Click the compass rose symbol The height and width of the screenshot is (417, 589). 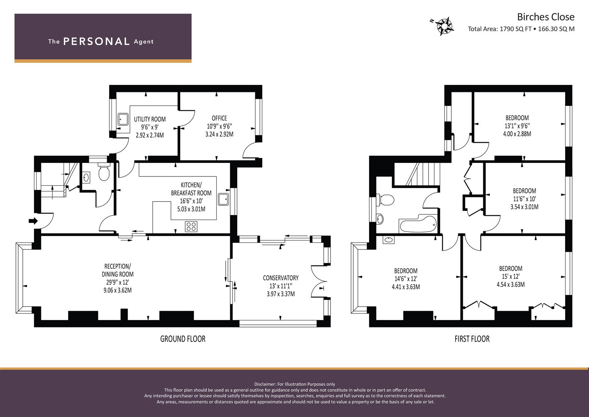click(444, 26)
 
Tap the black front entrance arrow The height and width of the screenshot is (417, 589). click(34, 221)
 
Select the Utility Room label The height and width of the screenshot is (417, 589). click(150, 119)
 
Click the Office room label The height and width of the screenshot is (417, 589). click(219, 118)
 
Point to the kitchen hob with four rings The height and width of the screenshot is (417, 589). click(191, 227)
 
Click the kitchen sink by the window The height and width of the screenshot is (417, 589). click(224, 199)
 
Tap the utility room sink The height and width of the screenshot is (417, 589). click(123, 120)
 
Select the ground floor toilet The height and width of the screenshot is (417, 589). click(104, 172)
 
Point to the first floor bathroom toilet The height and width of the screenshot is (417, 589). click(385, 200)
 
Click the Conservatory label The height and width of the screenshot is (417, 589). click(281, 278)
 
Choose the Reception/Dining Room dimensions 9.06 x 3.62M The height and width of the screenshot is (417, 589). click(118, 290)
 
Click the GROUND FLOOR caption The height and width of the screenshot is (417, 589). click(183, 339)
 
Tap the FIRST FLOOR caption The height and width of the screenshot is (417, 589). click(472, 339)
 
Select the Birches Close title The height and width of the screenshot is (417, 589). click(546, 17)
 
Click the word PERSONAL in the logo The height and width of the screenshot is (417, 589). click(96, 41)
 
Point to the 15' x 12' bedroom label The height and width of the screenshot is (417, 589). click(511, 277)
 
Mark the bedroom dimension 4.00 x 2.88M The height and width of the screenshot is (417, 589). click(517, 134)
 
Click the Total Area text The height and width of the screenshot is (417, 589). click(521, 29)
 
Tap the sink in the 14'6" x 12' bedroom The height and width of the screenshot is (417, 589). click(389, 240)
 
